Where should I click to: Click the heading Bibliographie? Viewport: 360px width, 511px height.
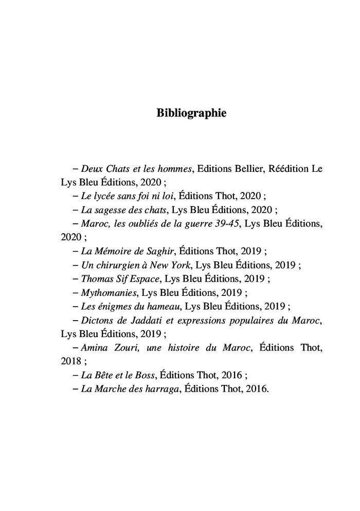click(x=191, y=113)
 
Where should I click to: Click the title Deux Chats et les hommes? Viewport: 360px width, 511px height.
click(x=136, y=168)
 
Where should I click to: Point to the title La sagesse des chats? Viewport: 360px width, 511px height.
click(x=123, y=209)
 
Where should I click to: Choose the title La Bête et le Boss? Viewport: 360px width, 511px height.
click(x=118, y=375)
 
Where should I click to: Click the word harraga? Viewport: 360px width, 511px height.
click(x=163, y=389)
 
